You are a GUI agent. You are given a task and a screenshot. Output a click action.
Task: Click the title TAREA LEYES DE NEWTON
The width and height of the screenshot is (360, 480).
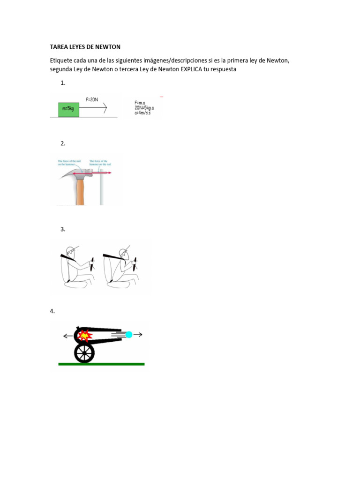[85, 47]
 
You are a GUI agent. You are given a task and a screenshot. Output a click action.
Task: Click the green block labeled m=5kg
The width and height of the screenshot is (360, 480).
[68, 108]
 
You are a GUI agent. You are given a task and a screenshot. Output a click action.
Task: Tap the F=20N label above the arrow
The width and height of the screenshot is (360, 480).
[92, 99]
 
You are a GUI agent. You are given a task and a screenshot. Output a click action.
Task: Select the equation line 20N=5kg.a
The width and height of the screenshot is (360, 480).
[144, 108]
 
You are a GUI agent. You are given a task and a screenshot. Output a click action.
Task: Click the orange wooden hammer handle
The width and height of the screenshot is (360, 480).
[81, 192]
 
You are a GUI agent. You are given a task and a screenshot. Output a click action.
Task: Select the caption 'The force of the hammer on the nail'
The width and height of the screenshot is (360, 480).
[100, 163]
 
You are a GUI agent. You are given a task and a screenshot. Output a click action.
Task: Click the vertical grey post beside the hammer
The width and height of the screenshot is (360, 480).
[101, 190]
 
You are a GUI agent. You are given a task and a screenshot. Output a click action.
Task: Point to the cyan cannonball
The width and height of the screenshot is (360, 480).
[129, 334]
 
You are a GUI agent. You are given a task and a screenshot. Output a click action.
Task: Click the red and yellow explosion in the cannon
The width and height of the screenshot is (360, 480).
[84, 335]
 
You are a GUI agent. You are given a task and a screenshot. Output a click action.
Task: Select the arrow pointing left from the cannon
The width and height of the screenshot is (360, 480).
[68, 335]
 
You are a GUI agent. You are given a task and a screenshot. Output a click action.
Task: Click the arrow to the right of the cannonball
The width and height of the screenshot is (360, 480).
[138, 334]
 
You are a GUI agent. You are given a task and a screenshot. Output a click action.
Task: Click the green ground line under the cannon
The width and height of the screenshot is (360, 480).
[101, 364]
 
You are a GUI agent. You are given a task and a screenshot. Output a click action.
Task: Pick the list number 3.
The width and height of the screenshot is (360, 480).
[63, 229]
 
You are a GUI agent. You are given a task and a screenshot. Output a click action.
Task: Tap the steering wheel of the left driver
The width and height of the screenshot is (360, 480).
[93, 264]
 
